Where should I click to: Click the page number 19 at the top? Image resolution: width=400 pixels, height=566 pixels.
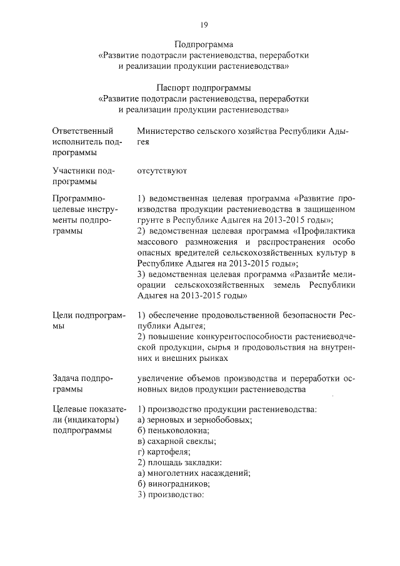(203, 24)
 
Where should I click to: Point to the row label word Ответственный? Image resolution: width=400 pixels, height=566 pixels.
(83, 131)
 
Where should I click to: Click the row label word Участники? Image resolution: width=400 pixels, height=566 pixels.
(75, 171)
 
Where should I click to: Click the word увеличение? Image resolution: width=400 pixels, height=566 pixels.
(164, 378)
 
